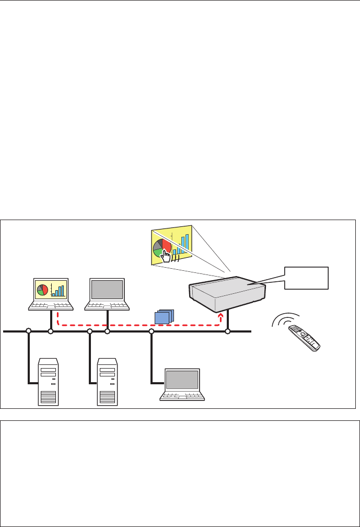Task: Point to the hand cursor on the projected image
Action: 166,255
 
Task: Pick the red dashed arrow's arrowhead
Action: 221,315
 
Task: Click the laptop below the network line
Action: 181,384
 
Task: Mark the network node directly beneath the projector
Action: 227,331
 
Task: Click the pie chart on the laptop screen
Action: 42,290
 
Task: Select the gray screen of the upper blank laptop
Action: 107,289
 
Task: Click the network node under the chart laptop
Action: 51,331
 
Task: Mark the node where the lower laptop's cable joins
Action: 152,331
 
